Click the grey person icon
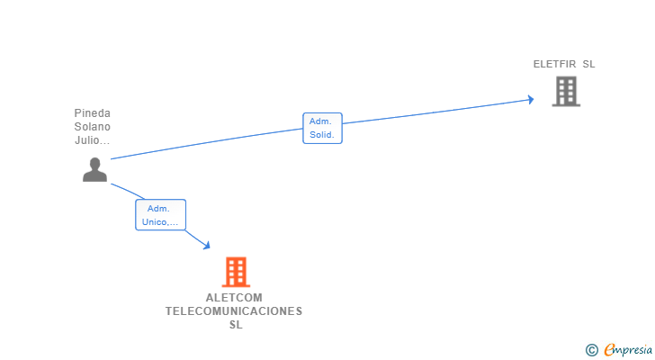point(94,169)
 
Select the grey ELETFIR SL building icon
point(566,91)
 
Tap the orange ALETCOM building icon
point(236,271)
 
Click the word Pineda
point(93,113)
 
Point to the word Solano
point(93,127)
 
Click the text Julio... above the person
point(93,140)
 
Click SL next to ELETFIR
point(588,64)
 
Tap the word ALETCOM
point(235,298)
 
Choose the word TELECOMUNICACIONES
point(235,311)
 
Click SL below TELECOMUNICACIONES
point(236,325)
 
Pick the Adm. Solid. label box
point(322,128)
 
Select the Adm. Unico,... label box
point(160,215)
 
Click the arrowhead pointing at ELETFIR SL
point(530,99)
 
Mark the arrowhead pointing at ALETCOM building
point(207,245)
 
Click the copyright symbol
point(592,350)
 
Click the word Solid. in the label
point(322,135)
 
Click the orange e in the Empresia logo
point(609,350)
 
